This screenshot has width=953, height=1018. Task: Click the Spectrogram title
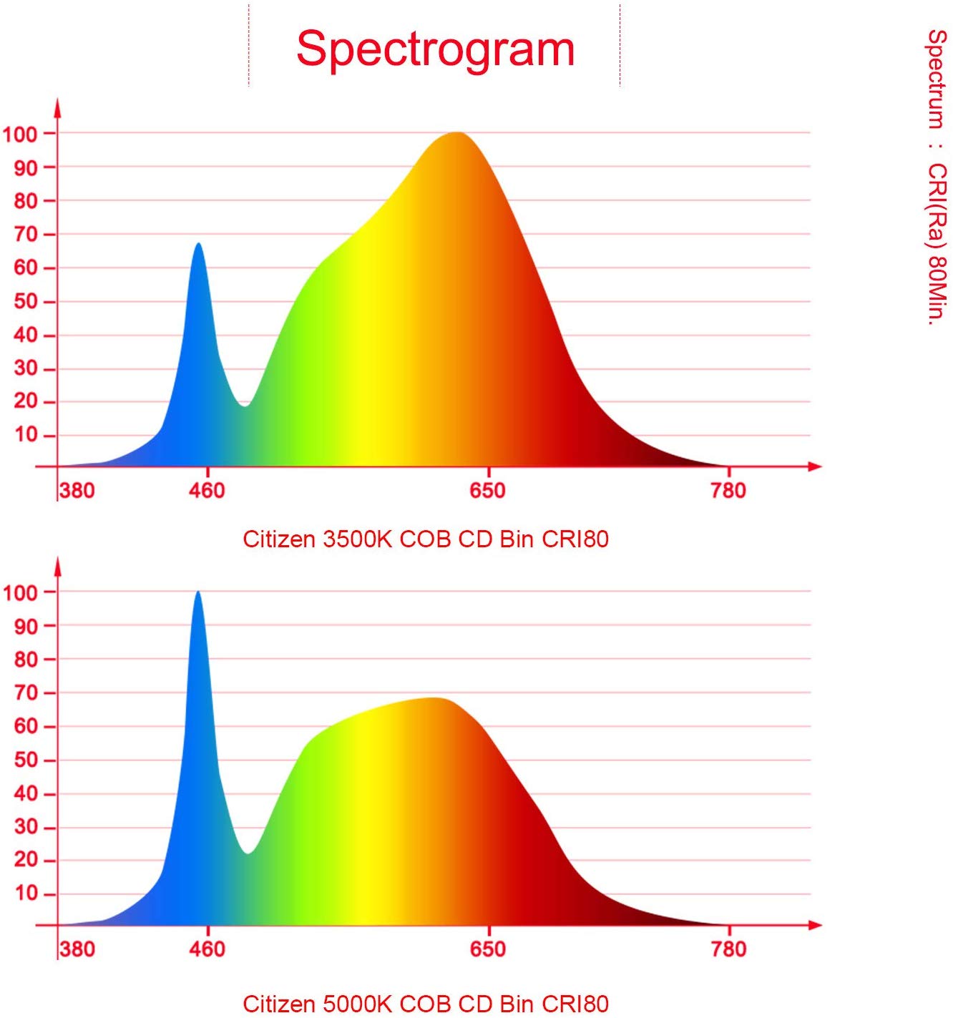pyautogui.click(x=435, y=49)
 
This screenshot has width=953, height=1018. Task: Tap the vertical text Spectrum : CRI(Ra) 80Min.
pyautogui.click(x=937, y=177)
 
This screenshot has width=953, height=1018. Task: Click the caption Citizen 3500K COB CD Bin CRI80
pyautogui.click(x=426, y=539)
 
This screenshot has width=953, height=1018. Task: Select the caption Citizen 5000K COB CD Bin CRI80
pyautogui.click(x=426, y=1003)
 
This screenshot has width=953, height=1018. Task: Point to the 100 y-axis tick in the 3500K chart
pyautogui.click(x=20, y=134)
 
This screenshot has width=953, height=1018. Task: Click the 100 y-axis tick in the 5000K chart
pyautogui.click(x=20, y=592)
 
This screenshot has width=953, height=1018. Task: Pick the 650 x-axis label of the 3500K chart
pyautogui.click(x=487, y=490)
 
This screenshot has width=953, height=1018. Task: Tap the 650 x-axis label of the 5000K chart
pyautogui.click(x=487, y=949)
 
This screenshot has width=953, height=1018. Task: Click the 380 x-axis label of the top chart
pyautogui.click(x=77, y=490)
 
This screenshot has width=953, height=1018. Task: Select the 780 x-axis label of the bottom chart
pyautogui.click(x=728, y=949)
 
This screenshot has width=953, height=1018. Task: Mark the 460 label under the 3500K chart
pyautogui.click(x=207, y=490)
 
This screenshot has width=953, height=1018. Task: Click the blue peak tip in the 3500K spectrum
pyautogui.click(x=199, y=245)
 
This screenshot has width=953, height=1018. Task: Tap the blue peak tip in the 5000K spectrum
pyautogui.click(x=198, y=592)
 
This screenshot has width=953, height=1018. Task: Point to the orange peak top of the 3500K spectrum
pyautogui.click(x=456, y=134)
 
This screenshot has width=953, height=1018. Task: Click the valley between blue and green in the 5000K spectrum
pyautogui.click(x=248, y=852)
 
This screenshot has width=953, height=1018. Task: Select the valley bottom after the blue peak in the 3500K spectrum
pyautogui.click(x=245, y=405)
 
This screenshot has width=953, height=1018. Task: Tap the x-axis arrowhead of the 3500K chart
pyautogui.click(x=815, y=466)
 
